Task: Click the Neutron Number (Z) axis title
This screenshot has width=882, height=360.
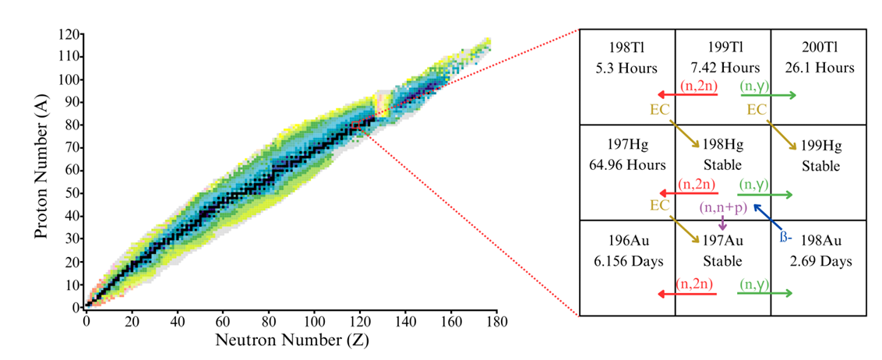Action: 291,341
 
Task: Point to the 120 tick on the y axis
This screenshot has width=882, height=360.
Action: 72,35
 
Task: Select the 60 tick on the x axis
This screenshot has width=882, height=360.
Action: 223,320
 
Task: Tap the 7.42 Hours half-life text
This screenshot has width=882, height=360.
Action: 723,68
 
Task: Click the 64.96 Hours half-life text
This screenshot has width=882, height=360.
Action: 628,164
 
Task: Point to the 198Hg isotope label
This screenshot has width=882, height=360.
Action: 723,146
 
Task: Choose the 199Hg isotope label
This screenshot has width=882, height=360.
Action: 817,146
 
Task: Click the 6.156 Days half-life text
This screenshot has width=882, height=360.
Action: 628,261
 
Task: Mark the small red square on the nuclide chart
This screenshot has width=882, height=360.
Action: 355,125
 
